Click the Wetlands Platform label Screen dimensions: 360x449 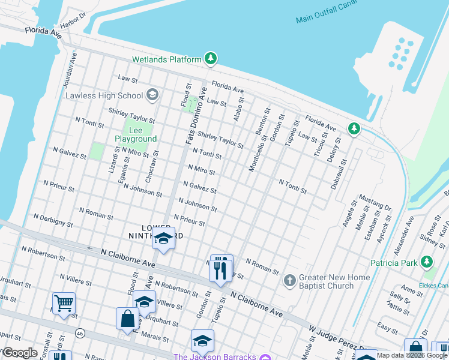tap(167, 59)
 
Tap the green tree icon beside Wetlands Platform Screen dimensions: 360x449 tap(210, 59)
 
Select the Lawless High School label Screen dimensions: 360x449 tap(104, 95)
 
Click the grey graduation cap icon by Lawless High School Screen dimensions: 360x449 tap(152, 95)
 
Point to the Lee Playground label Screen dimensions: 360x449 tap(136, 134)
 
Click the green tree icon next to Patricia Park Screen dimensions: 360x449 tap(427, 262)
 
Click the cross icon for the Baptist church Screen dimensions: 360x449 tap(289, 281)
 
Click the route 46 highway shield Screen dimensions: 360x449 tap(79, 332)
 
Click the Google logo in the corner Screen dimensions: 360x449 tap(19, 353)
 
